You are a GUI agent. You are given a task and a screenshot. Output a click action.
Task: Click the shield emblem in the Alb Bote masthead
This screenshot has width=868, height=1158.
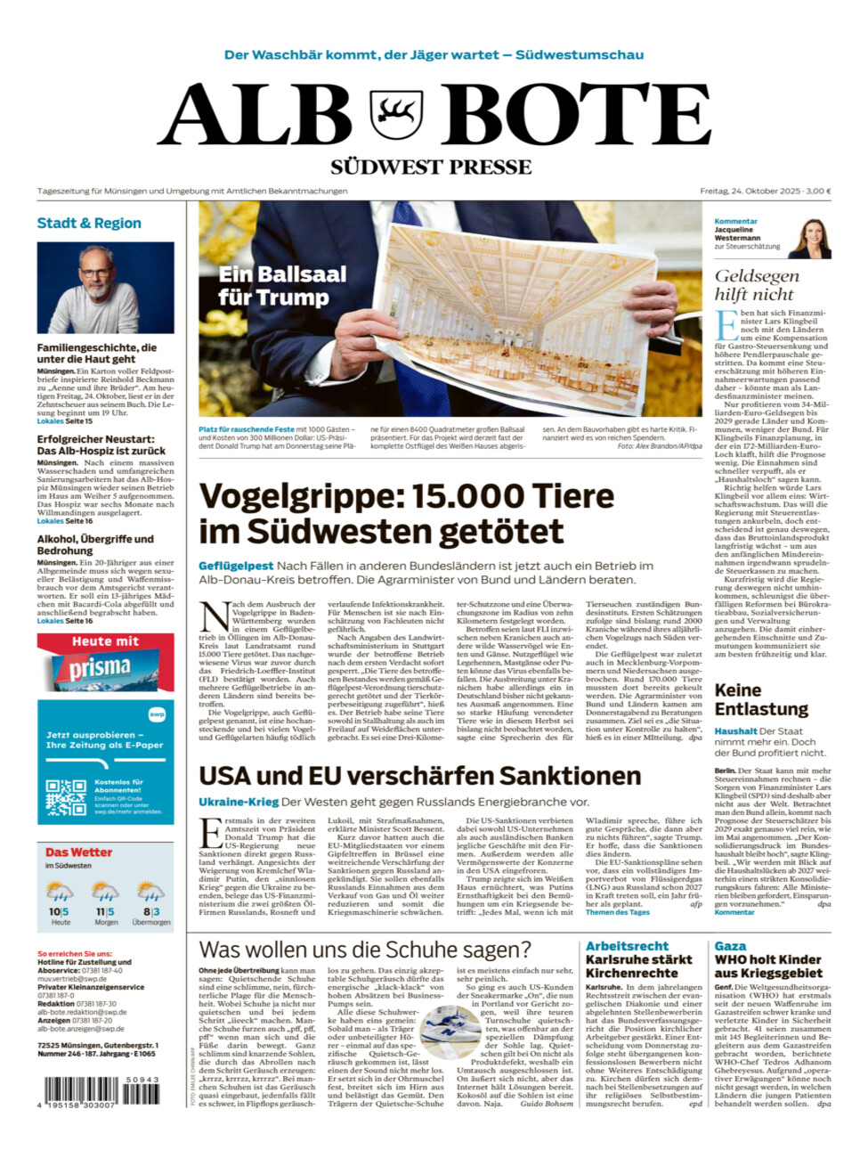click(396, 115)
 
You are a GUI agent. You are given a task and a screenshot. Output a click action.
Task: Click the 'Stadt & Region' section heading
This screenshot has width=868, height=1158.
click(89, 224)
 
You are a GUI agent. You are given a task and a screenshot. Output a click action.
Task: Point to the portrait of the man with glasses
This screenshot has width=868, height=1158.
click(105, 288)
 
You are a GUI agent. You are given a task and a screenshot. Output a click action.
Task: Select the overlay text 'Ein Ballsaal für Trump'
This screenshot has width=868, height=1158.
click(282, 285)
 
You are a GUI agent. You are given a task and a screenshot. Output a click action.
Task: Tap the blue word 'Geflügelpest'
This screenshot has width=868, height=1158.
click(236, 566)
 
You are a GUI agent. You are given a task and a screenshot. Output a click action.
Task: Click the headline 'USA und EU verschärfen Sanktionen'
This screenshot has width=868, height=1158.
click(419, 777)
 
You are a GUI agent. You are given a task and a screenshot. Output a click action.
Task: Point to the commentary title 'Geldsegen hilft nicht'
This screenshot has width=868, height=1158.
click(755, 285)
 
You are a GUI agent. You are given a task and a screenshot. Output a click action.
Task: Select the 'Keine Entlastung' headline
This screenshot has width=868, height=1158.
click(761, 700)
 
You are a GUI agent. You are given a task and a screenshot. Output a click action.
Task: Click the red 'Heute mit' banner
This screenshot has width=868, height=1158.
click(105, 641)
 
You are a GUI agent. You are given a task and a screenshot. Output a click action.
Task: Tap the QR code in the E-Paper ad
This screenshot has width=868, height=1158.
click(66, 798)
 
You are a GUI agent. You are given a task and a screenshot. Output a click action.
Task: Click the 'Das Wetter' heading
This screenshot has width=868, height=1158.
click(78, 852)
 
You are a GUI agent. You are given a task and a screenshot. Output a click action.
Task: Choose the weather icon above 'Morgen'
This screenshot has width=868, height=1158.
click(106, 892)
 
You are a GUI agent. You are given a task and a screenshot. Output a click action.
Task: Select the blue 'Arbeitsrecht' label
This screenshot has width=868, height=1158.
click(627, 946)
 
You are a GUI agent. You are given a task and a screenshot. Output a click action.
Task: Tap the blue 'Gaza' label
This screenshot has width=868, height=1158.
click(730, 946)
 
